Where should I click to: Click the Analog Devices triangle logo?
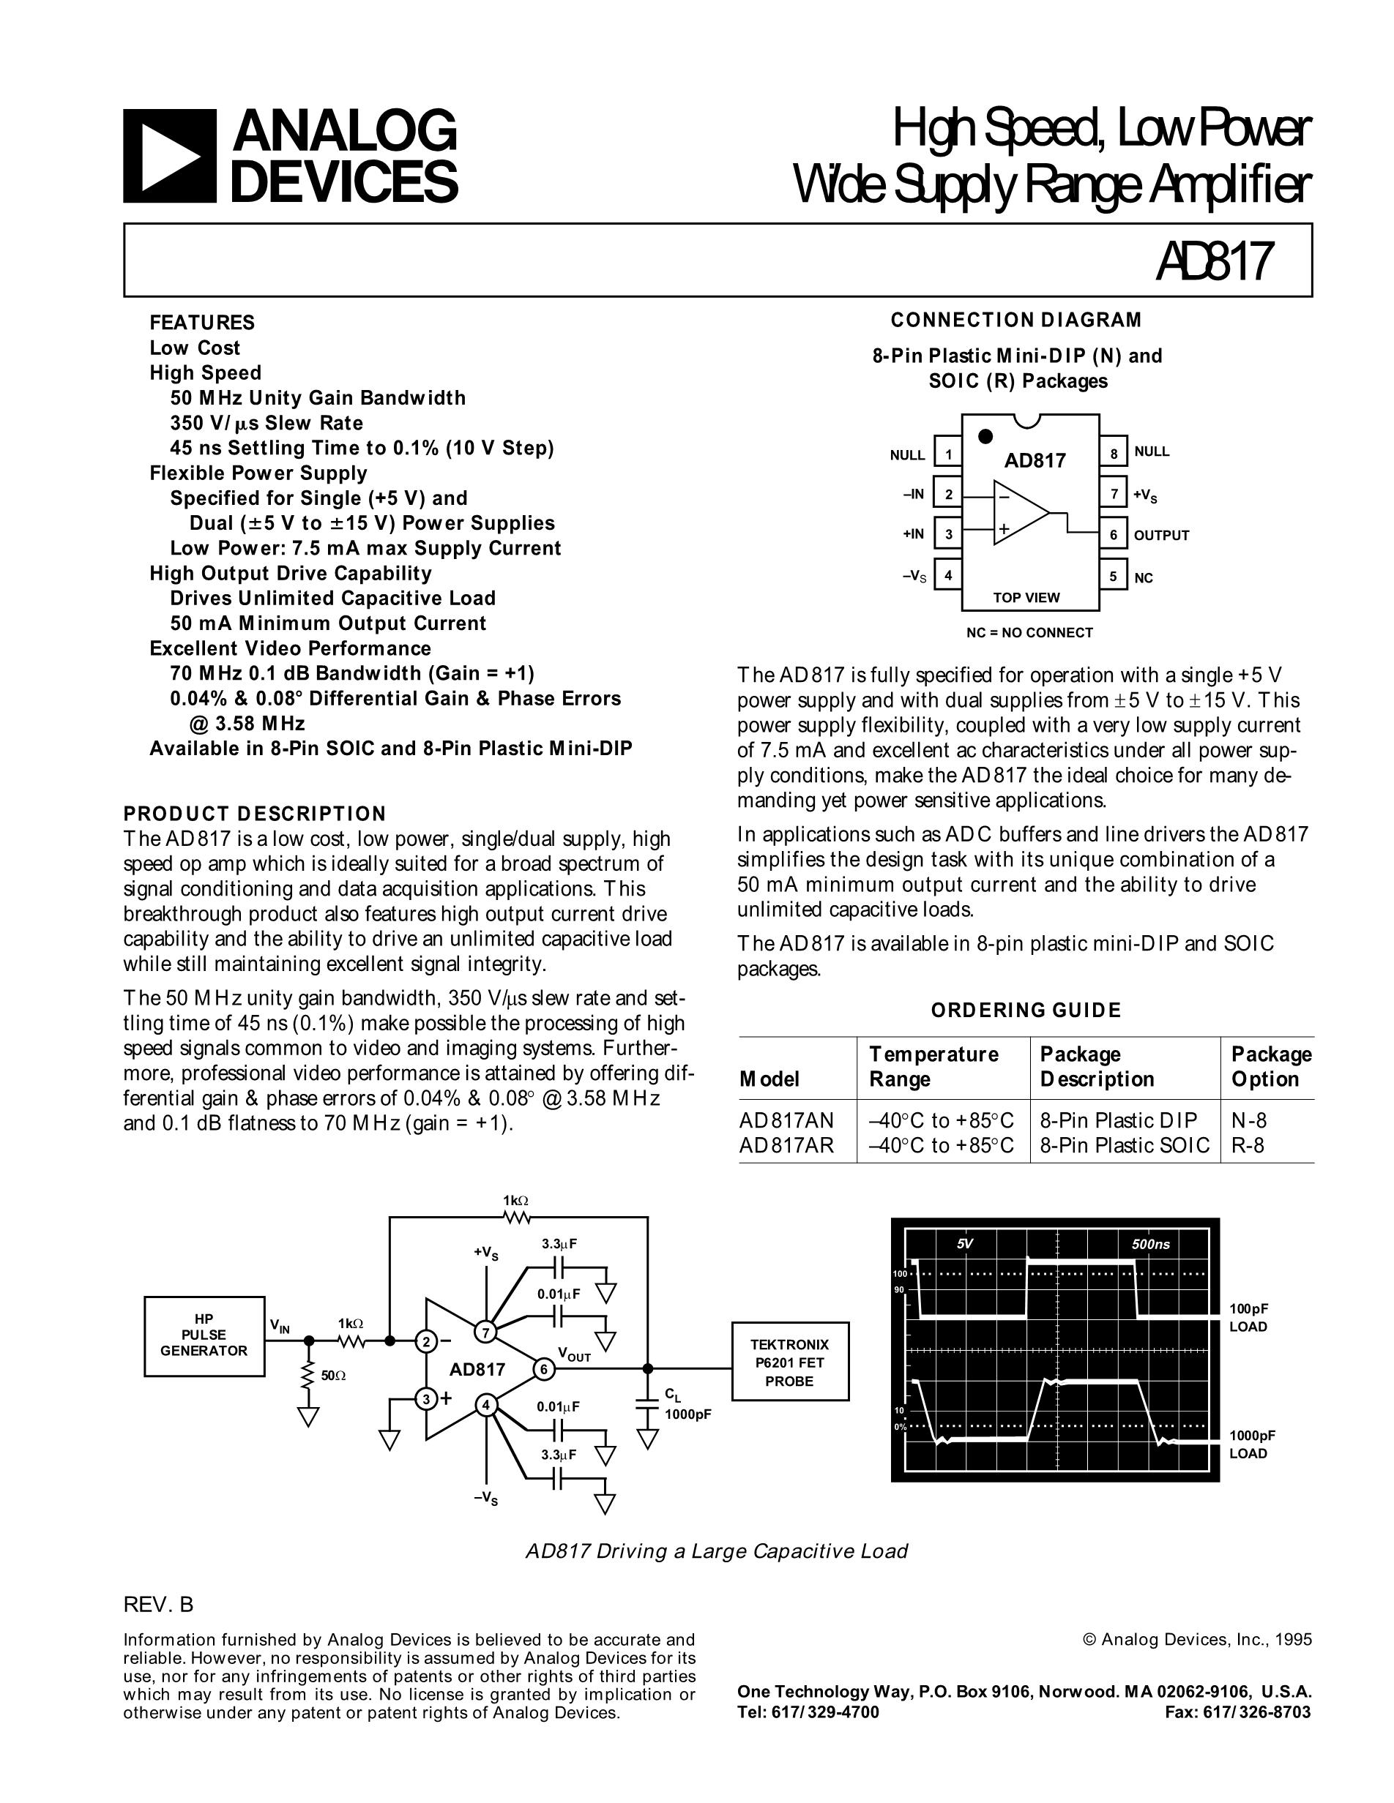(169, 156)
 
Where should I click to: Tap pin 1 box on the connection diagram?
(948, 454)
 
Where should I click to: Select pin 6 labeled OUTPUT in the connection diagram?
(1113, 535)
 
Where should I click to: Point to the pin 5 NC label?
(1143, 578)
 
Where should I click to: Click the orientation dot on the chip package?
(985, 437)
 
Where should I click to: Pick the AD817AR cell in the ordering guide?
(787, 1145)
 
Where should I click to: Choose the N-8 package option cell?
(1248, 1120)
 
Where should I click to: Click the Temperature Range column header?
(933, 1067)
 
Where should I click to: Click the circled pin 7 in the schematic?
(485, 1331)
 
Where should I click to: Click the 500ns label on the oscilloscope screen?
(1149, 1244)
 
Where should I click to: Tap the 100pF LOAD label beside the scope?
(1248, 1318)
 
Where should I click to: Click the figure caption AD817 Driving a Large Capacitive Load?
(717, 1551)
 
